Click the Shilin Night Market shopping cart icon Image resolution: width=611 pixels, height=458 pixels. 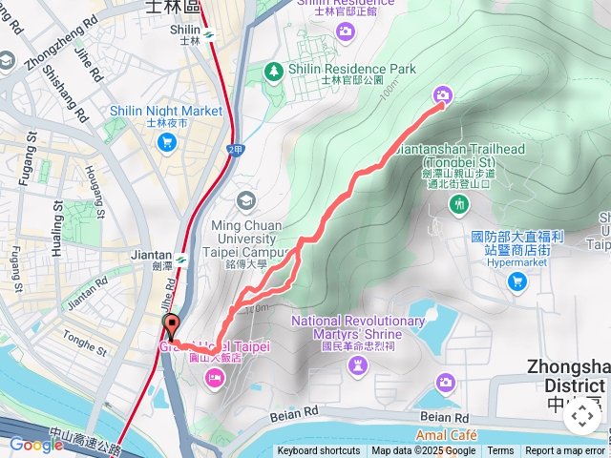tap(167, 142)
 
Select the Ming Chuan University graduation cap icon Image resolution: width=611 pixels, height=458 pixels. tap(246, 200)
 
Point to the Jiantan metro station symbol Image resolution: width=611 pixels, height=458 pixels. tap(179, 257)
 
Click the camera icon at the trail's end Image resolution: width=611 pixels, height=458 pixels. tap(442, 94)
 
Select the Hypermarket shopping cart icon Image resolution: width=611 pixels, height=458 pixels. tap(517, 281)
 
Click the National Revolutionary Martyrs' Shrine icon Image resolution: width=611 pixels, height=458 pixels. tap(358, 367)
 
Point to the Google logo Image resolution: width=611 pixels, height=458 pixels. tap(36, 444)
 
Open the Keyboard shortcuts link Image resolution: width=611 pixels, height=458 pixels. tap(319, 451)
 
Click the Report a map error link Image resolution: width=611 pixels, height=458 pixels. tap(566, 451)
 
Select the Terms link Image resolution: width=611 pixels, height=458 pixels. tap(500, 451)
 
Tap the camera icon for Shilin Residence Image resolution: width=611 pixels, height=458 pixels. tap(346, 32)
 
